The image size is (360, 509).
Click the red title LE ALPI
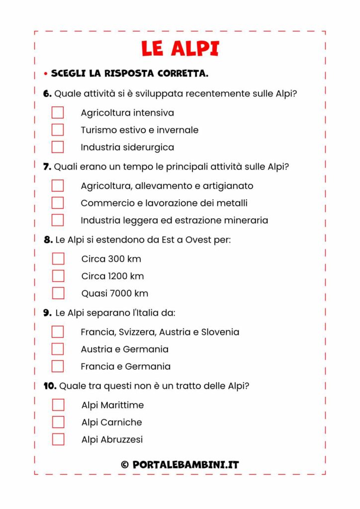tap(180, 49)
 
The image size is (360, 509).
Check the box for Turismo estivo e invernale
tap(58, 130)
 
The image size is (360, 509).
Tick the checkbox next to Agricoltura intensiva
tap(58, 113)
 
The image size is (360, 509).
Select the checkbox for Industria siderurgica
tap(58, 147)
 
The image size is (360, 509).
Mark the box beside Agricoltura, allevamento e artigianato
tap(58, 185)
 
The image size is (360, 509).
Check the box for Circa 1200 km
tap(58, 276)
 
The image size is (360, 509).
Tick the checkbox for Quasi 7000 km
tap(58, 293)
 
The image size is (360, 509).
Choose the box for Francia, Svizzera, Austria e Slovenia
tap(58, 332)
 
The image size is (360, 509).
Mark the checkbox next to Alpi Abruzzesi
tap(58, 439)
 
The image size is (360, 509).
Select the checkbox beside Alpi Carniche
tap(58, 422)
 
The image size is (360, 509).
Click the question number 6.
tap(47, 93)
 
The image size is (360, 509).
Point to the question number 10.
tap(50, 386)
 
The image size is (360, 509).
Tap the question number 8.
tap(48, 240)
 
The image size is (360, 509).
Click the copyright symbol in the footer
tap(125, 465)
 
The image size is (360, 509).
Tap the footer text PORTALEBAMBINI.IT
tap(186, 465)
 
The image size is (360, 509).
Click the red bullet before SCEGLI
tap(45, 74)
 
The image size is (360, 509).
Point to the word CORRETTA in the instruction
tap(182, 74)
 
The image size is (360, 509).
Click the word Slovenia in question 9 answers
tap(220, 332)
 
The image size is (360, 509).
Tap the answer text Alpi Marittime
tap(112, 405)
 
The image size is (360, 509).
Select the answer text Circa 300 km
tap(111, 259)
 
